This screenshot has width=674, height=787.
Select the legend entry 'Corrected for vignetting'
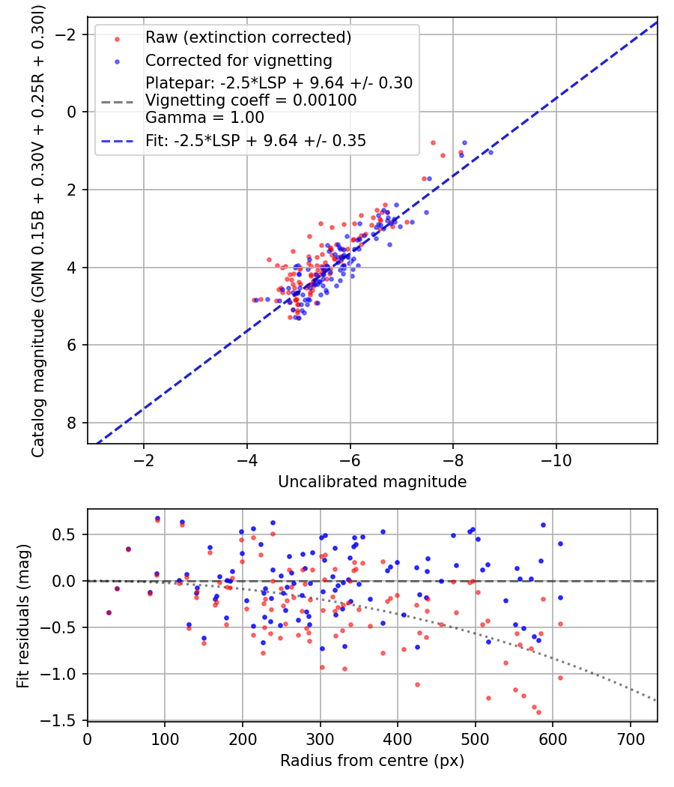point(238,60)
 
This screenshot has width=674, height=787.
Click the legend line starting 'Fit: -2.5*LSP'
point(255,140)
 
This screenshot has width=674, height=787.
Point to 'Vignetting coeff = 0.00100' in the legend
point(251,100)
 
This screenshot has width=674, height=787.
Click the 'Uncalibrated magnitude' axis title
point(372,482)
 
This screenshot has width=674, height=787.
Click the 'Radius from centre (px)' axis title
point(372,761)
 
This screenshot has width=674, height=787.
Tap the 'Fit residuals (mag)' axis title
point(23,615)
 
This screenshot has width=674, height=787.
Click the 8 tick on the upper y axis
point(72,423)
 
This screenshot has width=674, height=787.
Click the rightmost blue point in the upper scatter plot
point(491,152)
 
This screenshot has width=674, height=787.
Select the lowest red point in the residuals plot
point(538,712)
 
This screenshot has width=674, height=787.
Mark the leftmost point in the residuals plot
point(109,612)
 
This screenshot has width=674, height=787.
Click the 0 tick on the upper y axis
point(72,112)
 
